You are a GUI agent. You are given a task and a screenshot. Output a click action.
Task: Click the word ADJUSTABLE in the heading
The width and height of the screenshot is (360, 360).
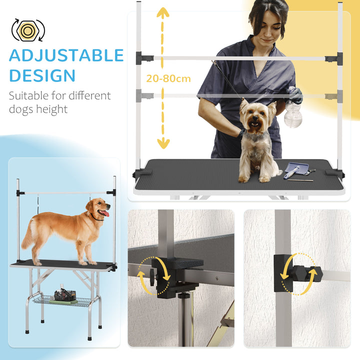(66, 55)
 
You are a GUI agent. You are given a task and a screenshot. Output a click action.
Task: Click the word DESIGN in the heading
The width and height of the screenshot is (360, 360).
(42, 76)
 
